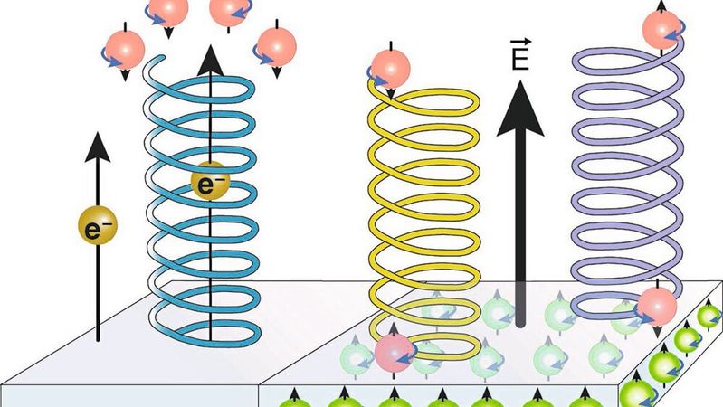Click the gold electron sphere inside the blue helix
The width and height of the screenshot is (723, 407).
coord(209,185)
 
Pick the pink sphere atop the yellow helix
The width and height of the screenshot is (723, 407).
coord(390,69)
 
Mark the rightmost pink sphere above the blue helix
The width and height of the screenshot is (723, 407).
coord(272,43)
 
